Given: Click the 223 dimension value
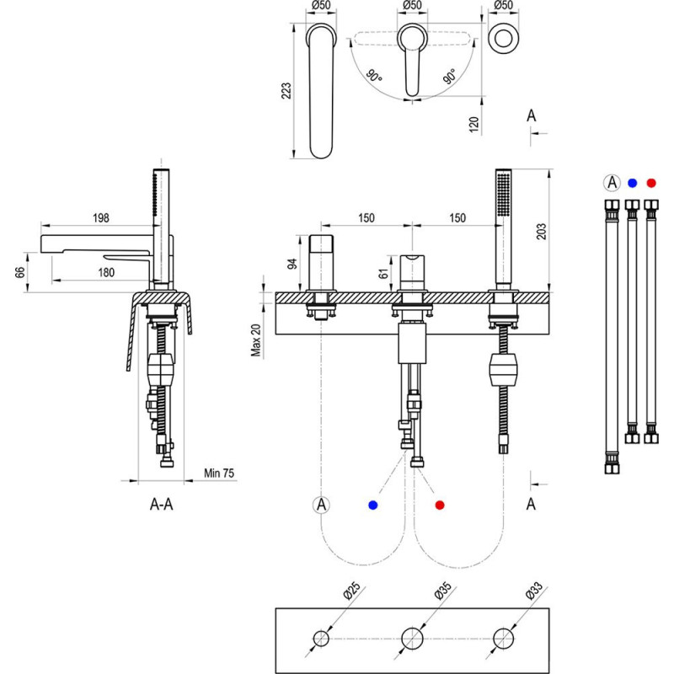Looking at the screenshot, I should [286, 92].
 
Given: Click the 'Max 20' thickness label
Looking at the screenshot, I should [258, 340].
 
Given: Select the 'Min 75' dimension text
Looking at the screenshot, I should [219, 473].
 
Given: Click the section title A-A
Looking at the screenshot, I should [162, 505].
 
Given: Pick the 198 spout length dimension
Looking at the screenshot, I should [101, 218].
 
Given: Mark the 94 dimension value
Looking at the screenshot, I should [293, 264].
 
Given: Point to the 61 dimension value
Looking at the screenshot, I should [385, 272].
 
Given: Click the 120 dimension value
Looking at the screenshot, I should [474, 125].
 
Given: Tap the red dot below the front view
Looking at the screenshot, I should [439, 505].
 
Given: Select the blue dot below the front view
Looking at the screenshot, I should [372, 505].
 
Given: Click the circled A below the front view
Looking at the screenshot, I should [321, 505].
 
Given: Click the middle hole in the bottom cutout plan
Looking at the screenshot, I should [412, 638].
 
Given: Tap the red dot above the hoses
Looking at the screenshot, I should [650, 182].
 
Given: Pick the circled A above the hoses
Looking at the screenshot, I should [612, 182].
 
